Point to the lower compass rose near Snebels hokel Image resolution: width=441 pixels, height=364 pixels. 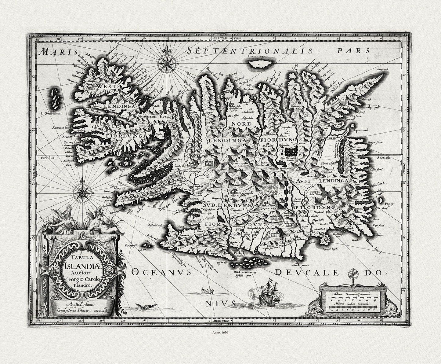[x=82, y=193]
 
